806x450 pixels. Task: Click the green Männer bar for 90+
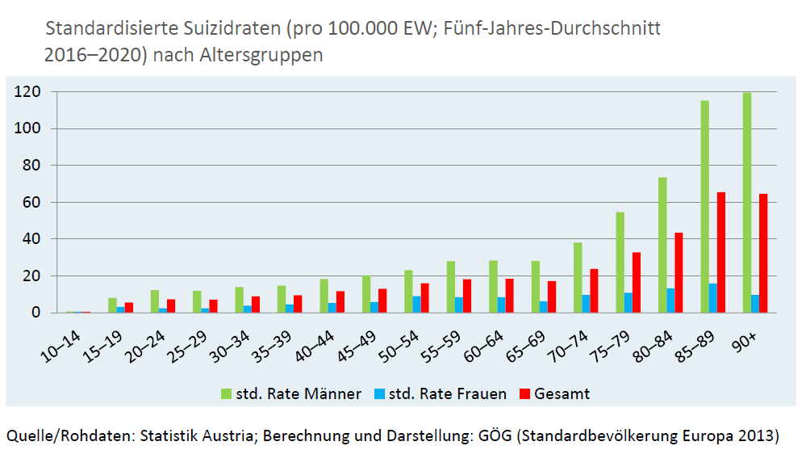click(746, 202)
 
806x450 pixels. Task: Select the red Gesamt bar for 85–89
click(721, 252)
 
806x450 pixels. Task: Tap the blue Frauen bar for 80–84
click(670, 301)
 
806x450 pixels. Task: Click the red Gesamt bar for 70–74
click(595, 291)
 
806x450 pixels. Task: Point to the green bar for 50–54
click(409, 292)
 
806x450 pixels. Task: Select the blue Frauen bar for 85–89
click(712, 298)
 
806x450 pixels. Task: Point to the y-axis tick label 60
click(31, 203)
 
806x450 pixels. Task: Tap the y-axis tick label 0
click(35, 313)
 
